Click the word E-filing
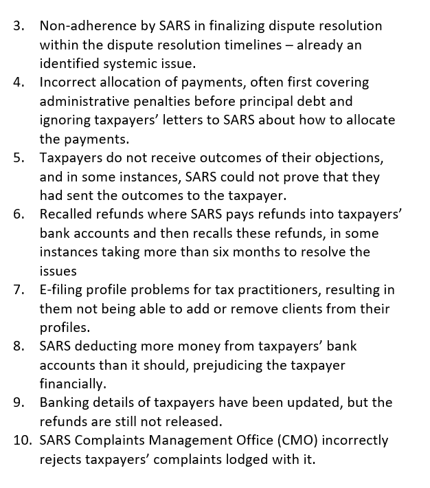(x=63, y=289)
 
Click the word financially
(x=72, y=383)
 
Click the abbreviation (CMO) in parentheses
(x=294, y=440)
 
